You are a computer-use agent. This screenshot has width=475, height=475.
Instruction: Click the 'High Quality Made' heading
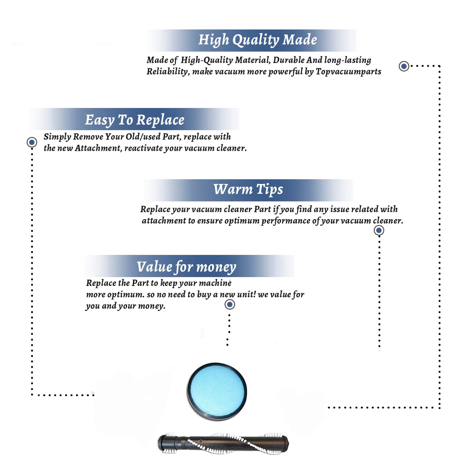tap(257, 40)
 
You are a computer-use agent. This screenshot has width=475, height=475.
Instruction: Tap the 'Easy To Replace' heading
tap(135, 120)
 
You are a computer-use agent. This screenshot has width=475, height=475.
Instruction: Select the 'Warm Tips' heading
tap(248, 190)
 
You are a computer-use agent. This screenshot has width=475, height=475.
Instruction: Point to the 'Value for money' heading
tap(187, 267)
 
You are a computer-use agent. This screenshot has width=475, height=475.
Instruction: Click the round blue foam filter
tap(217, 391)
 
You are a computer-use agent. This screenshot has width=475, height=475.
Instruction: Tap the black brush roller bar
tap(224, 443)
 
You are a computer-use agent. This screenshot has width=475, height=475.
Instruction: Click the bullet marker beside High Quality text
tap(404, 66)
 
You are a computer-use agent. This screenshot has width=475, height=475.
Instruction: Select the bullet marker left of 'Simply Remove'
tap(32, 142)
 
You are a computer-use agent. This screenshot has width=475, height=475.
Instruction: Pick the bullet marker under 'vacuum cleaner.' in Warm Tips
tap(379, 230)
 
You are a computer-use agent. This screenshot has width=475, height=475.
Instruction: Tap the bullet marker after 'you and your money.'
tap(230, 305)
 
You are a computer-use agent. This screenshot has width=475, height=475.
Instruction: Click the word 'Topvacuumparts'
tap(348, 72)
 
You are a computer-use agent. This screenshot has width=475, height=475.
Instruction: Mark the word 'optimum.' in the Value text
tap(126, 295)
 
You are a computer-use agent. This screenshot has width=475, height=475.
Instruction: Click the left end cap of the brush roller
tap(163, 443)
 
